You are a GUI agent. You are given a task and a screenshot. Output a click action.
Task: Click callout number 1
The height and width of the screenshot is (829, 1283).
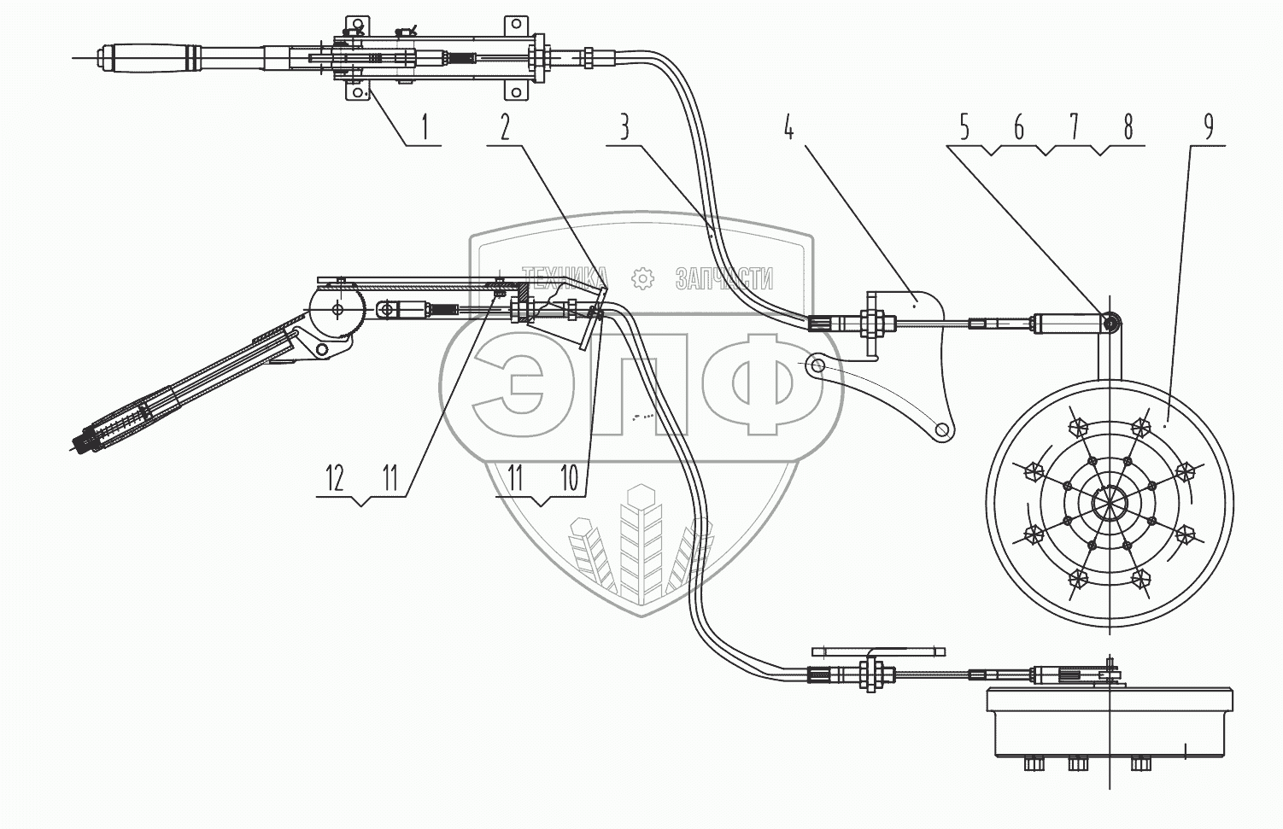tap(425, 129)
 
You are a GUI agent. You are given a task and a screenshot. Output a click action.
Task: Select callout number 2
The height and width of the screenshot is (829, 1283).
tap(505, 129)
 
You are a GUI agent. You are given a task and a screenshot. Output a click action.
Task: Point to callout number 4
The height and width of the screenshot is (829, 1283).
tap(788, 129)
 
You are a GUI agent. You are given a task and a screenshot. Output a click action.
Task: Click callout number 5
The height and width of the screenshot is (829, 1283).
tap(964, 129)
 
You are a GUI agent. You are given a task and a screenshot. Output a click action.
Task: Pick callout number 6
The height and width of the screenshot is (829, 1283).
tap(1018, 129)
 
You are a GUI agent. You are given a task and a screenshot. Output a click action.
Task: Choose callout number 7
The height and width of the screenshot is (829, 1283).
tap(1073, 129)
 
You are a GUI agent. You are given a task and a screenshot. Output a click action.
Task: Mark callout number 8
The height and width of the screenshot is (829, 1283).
tap(1128, 129)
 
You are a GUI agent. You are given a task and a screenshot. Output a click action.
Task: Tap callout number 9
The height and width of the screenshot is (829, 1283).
tap(1208, 127)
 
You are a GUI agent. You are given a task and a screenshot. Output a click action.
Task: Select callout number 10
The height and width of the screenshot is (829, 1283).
tap(570, 479)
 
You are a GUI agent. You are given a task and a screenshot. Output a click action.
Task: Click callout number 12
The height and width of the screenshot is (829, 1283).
tap(334, 479)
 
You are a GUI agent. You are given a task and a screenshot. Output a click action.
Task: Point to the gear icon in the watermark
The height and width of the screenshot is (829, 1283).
tap(641, 277)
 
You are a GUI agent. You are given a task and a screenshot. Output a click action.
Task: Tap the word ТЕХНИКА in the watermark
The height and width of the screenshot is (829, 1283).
tap(565, 277)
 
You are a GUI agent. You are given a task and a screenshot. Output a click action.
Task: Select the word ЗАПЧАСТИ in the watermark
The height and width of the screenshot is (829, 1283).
tap(724, 278)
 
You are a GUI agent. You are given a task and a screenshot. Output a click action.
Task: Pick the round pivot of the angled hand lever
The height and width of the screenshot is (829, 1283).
tap(338, 309)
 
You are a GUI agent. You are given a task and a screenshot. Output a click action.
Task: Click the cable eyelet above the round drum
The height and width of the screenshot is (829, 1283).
tap(1110, 323)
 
